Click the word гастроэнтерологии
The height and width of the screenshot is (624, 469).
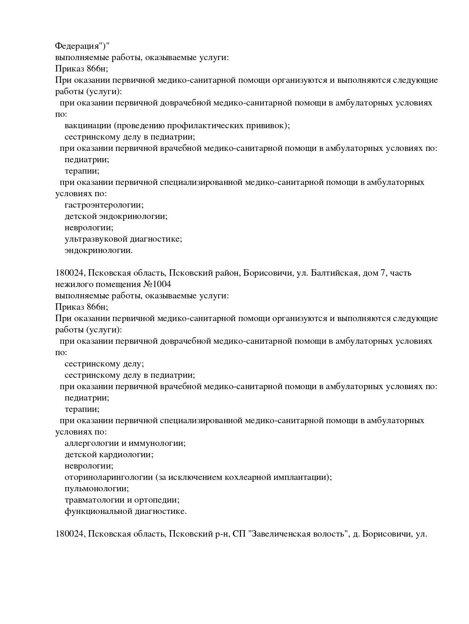(x=104, y=205)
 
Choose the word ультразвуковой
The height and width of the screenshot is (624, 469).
(x=96, y=239)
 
